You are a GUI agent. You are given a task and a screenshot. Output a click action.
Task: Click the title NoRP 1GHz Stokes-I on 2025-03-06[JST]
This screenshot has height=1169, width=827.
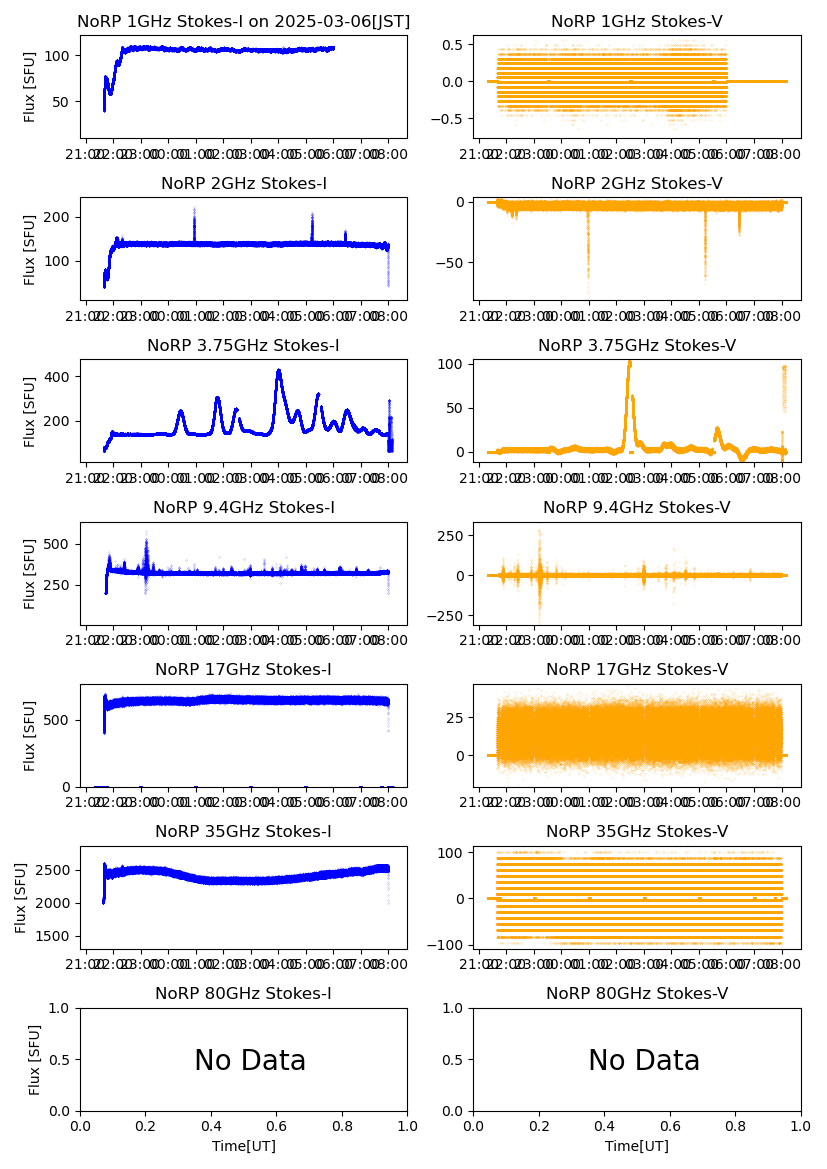(x=243, y=21)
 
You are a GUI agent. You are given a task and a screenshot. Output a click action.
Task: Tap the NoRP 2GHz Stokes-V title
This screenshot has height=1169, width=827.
(x=637, y=183)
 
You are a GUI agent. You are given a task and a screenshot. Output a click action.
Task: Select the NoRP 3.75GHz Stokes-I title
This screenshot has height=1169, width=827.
(x=243, y=345)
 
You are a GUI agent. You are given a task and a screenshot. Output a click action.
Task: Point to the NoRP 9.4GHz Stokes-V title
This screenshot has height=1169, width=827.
(x=637, y=507)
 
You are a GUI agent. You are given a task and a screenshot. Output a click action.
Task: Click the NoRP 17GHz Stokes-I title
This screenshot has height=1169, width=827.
(x=243, y=669)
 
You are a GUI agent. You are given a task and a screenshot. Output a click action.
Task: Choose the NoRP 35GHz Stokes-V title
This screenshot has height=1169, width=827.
(x=637, y=831)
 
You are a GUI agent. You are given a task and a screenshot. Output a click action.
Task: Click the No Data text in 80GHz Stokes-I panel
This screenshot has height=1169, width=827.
(x=250, y=1060)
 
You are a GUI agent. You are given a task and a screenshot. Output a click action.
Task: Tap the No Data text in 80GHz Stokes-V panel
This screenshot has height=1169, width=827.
(x=644, y=1060)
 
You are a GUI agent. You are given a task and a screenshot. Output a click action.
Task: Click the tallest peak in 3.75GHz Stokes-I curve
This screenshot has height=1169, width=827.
(x=278, y=371)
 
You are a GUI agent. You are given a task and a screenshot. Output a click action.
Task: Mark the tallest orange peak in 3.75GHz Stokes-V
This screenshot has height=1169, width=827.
(x=629, y=362)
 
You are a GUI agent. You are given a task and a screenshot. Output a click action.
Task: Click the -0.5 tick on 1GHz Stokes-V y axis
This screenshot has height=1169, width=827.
(x=453, y=118)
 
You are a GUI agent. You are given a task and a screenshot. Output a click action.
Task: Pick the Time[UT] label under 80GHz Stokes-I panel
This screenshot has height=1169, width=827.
(x=243, y=1146)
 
